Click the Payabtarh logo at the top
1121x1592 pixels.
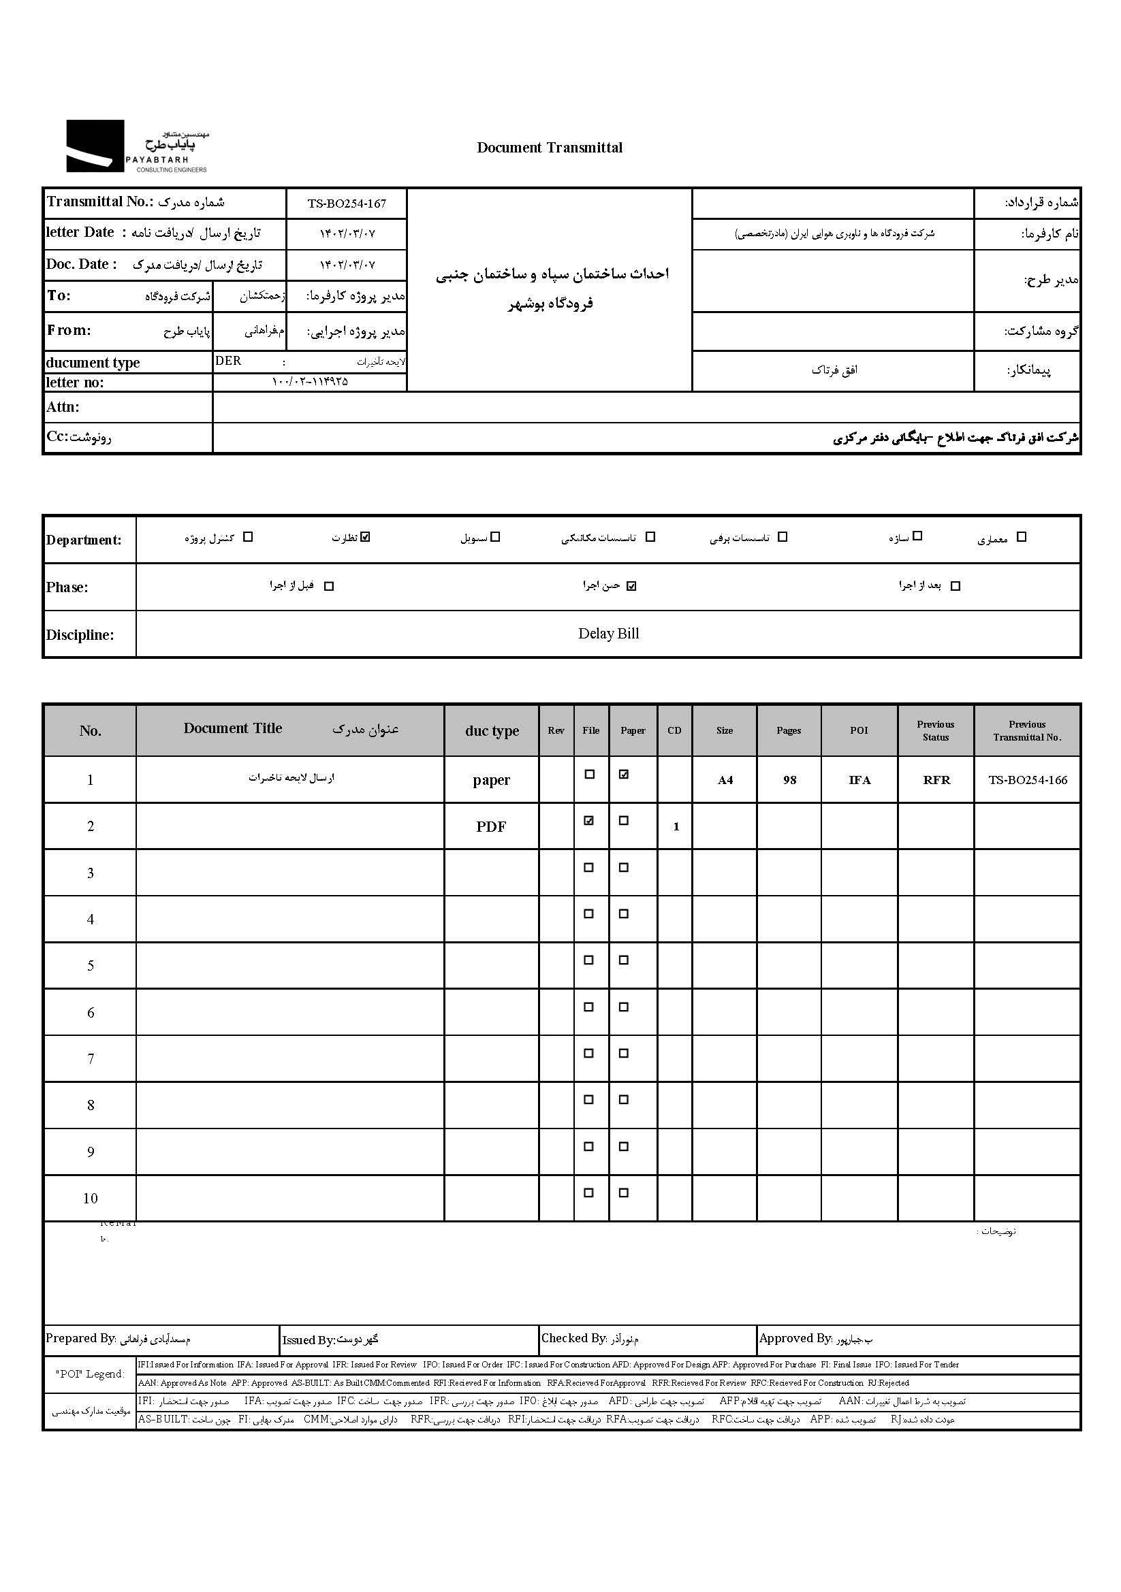click(137, 146)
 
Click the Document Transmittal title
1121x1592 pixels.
click(550, 148)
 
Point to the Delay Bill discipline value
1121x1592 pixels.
click(608, 634)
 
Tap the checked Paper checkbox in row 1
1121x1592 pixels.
click(624, 775)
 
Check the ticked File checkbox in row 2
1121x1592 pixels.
click(589, 821)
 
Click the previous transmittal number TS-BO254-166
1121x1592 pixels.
click(1027, 780)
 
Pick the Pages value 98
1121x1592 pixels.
click(789, 780)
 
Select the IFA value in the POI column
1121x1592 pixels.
click(859, 780)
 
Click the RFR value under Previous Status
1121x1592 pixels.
click(936, 780)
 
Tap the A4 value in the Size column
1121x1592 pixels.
click(725, 780)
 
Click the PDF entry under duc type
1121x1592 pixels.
click(491, 826)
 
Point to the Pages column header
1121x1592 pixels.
click(789, 730)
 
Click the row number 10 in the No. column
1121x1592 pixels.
click(90, 1198)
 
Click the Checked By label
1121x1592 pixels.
click(573, 1338)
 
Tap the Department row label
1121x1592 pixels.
click(84, 540)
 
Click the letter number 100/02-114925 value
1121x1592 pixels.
click(309, 382)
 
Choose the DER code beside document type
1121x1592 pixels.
click(228, 361)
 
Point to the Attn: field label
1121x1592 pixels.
click(63, 407)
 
